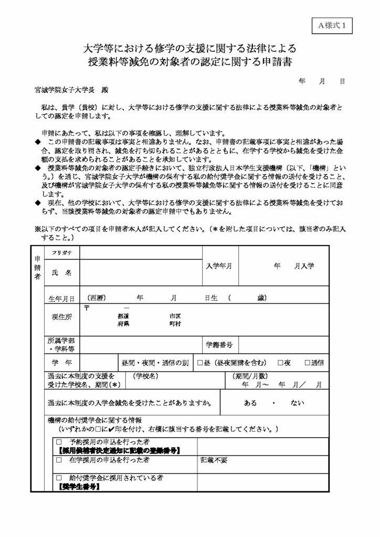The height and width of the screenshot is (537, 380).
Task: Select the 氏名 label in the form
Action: (61, 273)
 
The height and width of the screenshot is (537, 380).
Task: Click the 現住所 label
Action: (62, 317)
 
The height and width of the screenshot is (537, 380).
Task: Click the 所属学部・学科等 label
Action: (61, 345)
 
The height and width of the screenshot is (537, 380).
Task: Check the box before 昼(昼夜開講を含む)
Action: (200, 363)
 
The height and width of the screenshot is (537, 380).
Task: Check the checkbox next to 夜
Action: (281, 363)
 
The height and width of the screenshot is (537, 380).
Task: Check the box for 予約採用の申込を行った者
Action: (59, 442)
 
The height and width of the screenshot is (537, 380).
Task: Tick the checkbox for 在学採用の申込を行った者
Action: (59, 460)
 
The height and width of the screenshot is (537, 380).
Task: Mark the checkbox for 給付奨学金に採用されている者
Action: (59, 478)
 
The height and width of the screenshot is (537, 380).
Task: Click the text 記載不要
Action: (214, 460)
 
